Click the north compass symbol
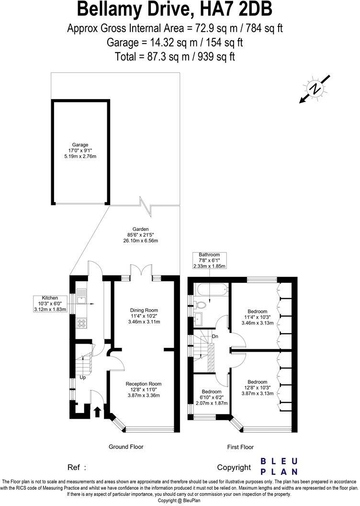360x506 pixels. coord(315,89)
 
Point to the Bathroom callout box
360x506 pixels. coord(210,260)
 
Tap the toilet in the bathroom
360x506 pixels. coord(201,304)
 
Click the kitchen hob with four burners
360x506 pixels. coord(80,322)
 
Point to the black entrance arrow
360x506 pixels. coord(97,411)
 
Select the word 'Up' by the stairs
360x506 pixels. coord(82,377)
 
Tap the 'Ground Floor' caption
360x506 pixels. coord(126,447)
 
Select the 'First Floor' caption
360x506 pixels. coord(240,447)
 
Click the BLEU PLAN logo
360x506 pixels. coord(279,466)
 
